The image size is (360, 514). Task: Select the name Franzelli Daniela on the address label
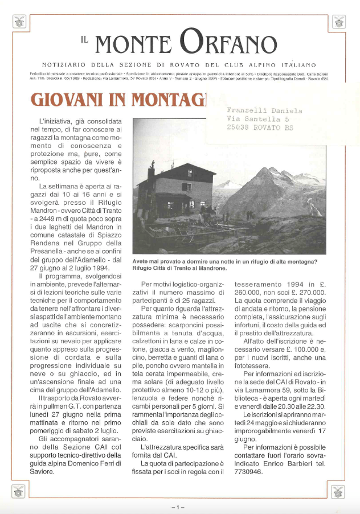tap(264, 111)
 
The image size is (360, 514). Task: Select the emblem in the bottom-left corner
tap(19, 491)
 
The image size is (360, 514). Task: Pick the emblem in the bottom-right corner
tap(339, 491)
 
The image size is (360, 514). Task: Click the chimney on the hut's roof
tap(152, 171)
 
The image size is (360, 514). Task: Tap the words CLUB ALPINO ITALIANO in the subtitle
tap(273, 65)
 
